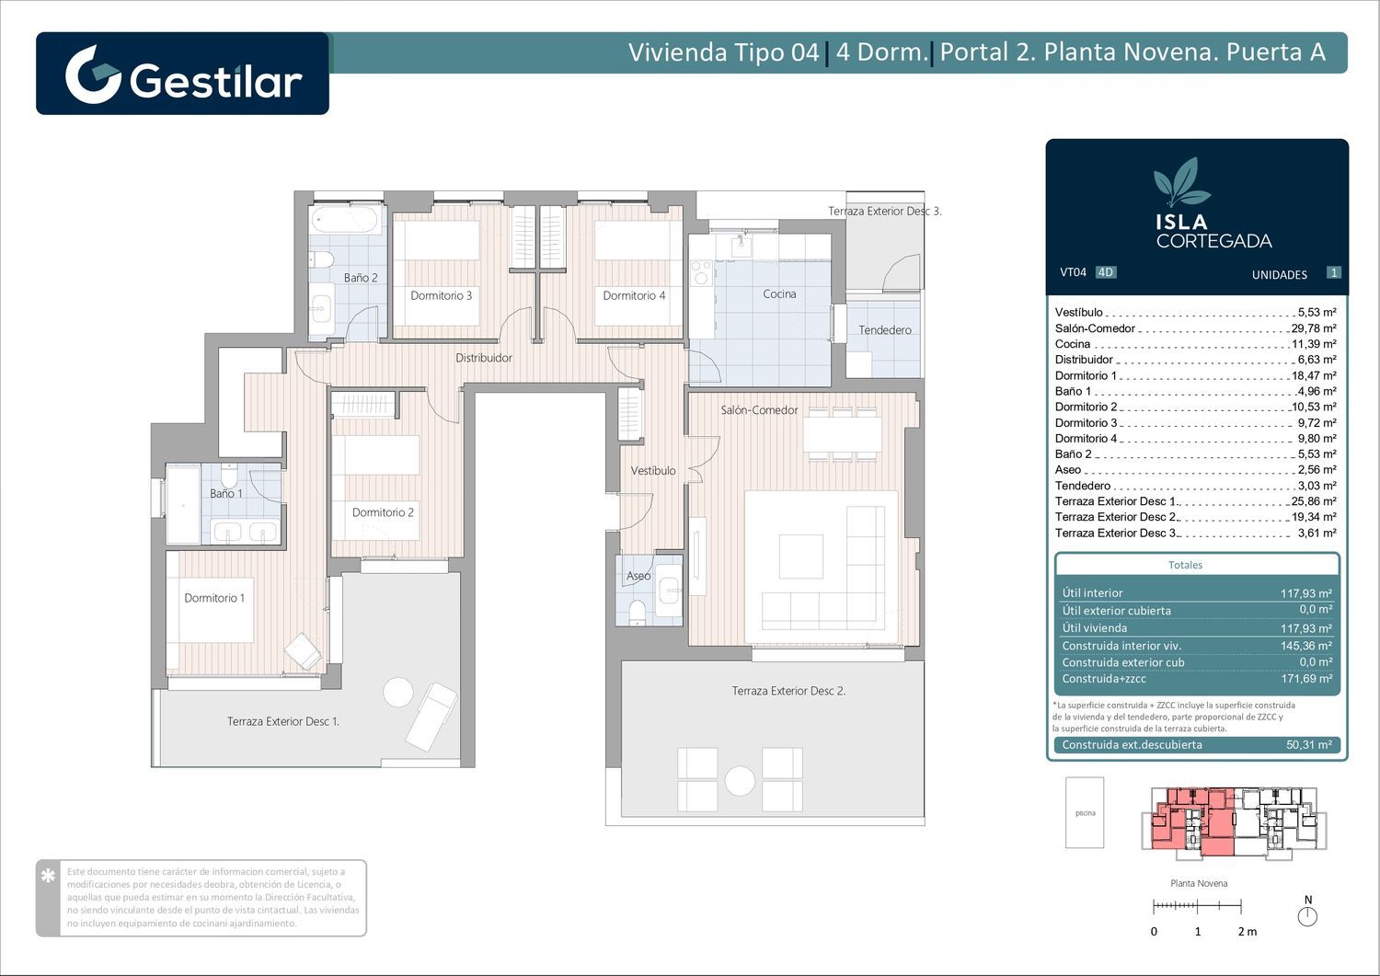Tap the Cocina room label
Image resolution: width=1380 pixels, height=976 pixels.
[779, 294]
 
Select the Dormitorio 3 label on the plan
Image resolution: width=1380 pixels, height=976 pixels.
[441, 296]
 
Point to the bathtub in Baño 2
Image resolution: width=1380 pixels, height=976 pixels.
[345, 219]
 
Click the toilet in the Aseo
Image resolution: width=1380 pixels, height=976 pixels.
[637, 613]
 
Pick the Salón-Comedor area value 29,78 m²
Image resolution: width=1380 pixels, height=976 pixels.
[1314, 328]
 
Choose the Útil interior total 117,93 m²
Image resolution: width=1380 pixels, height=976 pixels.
[1306, 593]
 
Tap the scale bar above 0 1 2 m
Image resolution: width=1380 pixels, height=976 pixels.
[1197, 906]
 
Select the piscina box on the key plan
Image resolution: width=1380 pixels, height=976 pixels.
[1085, 812]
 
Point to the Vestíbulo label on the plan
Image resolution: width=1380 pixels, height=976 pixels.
[653, 471]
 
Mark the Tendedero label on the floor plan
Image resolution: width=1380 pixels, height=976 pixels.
[885, 330]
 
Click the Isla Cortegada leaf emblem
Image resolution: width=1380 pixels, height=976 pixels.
[1180, 182]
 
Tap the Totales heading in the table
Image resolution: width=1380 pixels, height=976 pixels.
[1185, 565]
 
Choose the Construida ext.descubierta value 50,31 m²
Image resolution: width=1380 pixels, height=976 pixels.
[1309, 745]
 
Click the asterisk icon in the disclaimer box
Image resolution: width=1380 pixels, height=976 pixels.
[48, 876]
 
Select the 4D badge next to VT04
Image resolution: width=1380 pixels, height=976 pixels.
[1106, 272]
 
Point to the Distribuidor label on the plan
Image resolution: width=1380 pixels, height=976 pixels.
[484, 358]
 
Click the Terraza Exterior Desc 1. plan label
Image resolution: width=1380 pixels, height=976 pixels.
[283, 721]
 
